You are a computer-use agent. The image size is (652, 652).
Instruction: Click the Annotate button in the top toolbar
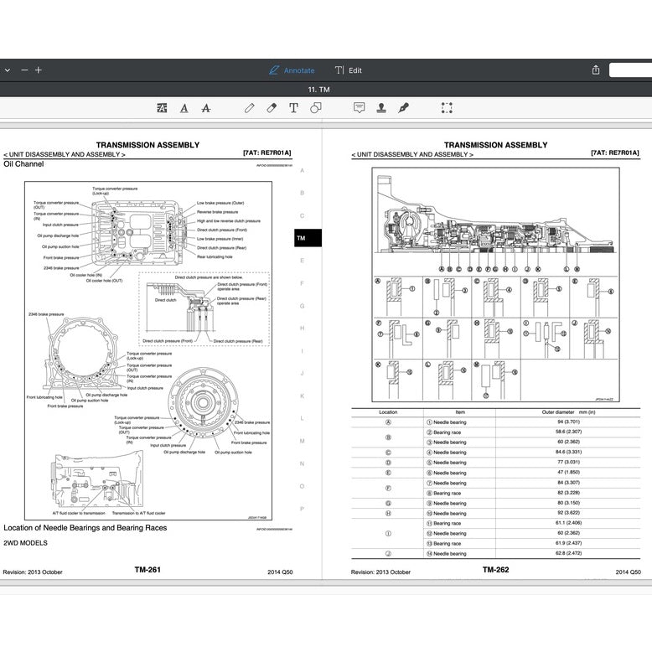292,70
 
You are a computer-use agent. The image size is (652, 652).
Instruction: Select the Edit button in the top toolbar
349,70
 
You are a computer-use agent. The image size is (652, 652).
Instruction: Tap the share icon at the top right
596,70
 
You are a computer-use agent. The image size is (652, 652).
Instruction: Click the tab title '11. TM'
318,89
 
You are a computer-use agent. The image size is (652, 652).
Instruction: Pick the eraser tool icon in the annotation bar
272,108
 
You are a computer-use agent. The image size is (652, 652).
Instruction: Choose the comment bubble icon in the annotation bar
359,108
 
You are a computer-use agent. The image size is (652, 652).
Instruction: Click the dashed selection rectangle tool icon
447,108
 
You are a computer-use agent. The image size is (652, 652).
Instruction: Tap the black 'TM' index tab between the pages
302,238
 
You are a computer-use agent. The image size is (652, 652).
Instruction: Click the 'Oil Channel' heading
23,164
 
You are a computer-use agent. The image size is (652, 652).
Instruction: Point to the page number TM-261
147,570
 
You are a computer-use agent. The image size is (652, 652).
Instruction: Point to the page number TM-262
495,570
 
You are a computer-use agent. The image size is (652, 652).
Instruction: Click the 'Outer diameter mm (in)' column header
568,412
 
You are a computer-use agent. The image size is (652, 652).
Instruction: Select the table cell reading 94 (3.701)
568,422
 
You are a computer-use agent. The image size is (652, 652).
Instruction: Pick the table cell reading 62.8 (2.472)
568,553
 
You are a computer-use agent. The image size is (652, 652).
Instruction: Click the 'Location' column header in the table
388,412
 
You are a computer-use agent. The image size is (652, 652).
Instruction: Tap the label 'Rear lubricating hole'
215,257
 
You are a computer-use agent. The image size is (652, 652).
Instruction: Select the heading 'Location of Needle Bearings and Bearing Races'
85,528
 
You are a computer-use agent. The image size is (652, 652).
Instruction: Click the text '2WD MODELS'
25,543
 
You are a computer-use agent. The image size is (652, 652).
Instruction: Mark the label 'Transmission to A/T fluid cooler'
139,512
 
